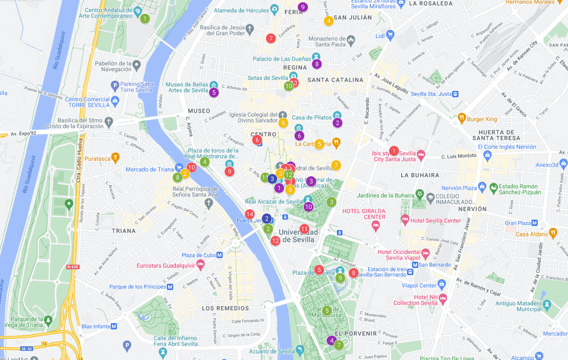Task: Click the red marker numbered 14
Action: point(250,214)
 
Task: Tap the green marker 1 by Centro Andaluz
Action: point(145,19)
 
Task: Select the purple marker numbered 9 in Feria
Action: point(302,7)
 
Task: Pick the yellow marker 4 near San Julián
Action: point(329,21)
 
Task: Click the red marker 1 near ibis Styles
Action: point(394,151)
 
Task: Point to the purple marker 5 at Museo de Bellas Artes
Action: point(214,92)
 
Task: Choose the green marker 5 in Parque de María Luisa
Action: point(327,311)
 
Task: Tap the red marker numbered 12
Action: point(275,241)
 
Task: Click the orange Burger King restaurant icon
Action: point(461,119)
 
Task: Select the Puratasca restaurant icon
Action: point(115,158)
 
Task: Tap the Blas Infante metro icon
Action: point(114,326)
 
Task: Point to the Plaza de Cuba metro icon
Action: point(220,255)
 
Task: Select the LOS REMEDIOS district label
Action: point(226,308)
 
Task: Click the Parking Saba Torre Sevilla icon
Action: point(115,85)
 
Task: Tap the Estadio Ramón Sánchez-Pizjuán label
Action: point(519,189)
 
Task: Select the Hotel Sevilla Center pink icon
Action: point(405,220)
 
